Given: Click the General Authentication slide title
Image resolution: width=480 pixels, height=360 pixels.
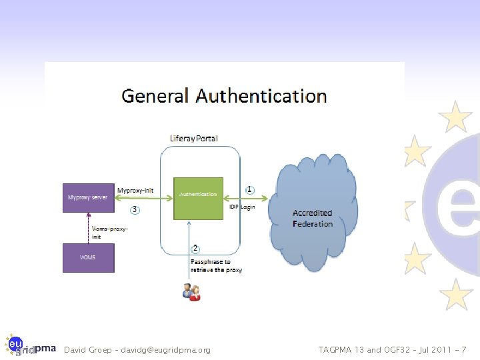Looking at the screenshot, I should click(x=224, y=96).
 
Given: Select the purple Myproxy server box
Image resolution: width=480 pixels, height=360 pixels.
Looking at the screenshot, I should click(x=88, y=197).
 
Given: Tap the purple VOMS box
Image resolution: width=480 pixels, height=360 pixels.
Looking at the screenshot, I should click(x=88, y=257).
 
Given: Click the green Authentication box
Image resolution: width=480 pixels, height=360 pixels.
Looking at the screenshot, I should click(x=198, y=198).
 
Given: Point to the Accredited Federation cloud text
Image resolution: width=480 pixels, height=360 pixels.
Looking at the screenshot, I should click(x=312, y=218).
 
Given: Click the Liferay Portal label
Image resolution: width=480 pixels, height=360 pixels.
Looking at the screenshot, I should click(x=193, y=138).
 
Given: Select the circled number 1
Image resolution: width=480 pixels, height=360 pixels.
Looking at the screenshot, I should click(x=250, y=189).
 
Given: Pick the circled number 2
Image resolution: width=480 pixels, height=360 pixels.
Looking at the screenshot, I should click(x=195, y=249).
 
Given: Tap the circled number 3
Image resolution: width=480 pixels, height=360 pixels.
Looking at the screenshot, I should click(x=135, y=210).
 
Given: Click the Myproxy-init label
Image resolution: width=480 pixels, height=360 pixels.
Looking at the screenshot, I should click(x=135, y=190).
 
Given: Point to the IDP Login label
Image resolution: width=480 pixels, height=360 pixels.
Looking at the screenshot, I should click(x=242, y=207).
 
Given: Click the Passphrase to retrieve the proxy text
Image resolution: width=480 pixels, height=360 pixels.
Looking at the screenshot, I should click(x=216, y=266).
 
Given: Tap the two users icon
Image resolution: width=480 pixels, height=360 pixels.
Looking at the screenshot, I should click(x=191, y=291).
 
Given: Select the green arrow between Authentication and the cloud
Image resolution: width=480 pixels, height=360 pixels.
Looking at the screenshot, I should click(x=246, y=197).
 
